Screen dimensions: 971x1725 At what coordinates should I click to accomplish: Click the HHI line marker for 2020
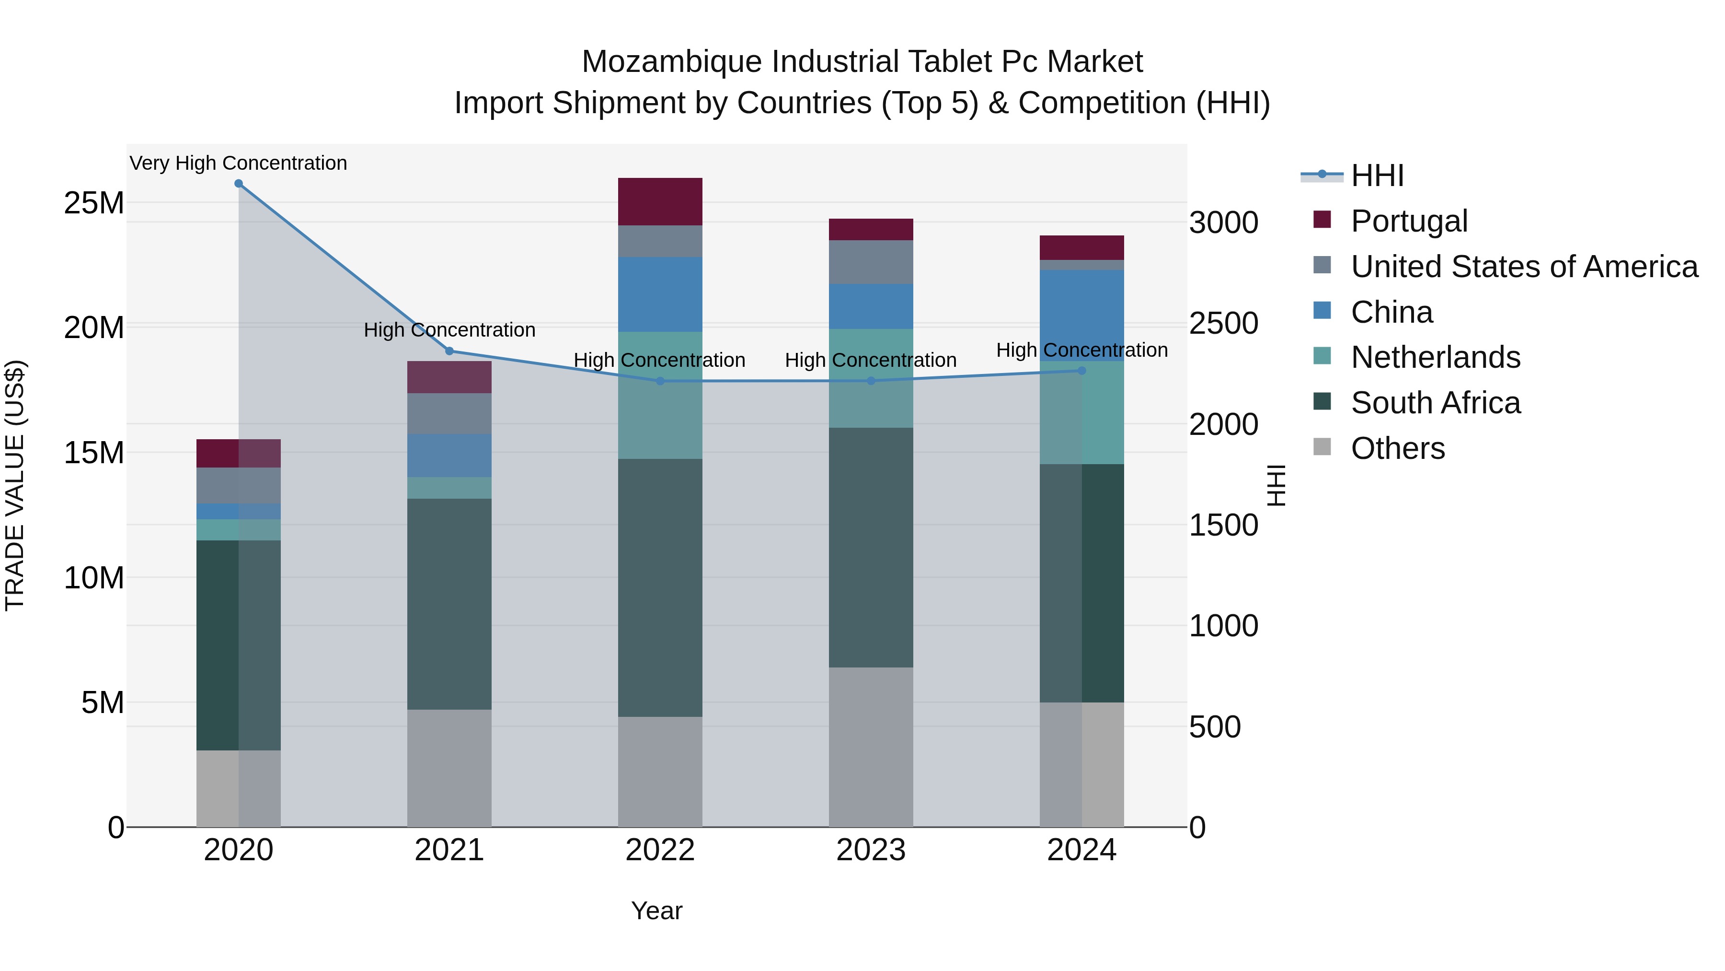pyautogui.click(x=239, y=184)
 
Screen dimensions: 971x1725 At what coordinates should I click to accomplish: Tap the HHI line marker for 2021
pyautogui.click(x=449, y=351)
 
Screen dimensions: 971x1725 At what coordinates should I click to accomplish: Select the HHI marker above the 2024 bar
pyautogui.click(x=1081, y=371)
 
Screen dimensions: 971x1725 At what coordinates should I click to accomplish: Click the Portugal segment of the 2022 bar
pyautogui.click(x=660, y=202)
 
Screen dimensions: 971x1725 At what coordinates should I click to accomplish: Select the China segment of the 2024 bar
pyautogui.click(x=1081, y=315)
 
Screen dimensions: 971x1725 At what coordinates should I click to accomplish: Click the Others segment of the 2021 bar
pyautogui.click(x=449, y=768)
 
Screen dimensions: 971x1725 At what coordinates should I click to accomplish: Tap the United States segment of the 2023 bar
pyautogui.click(x=871, y=262)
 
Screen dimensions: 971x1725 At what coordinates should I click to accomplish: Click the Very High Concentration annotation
pyautogui.click(x=239, y=164)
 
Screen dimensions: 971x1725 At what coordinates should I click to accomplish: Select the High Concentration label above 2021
pyautogui.click(x=449, y=330)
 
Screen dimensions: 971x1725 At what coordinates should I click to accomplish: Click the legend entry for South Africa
pyautogui.click(x=1435, y=403)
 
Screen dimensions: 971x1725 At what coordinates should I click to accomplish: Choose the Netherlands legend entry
pyautogui.click(x=1435, y=358)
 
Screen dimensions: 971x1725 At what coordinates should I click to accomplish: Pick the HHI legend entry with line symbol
pyautogui.click(x=1376, y=175)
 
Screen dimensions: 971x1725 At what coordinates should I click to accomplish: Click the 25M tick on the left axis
pyautogui.click(x=94, y=203)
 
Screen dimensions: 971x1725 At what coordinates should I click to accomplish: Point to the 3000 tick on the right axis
pyautogui.click(x=1223, y=222)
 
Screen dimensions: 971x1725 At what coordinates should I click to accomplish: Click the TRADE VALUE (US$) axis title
pyautogui.click(x=15, y=485)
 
